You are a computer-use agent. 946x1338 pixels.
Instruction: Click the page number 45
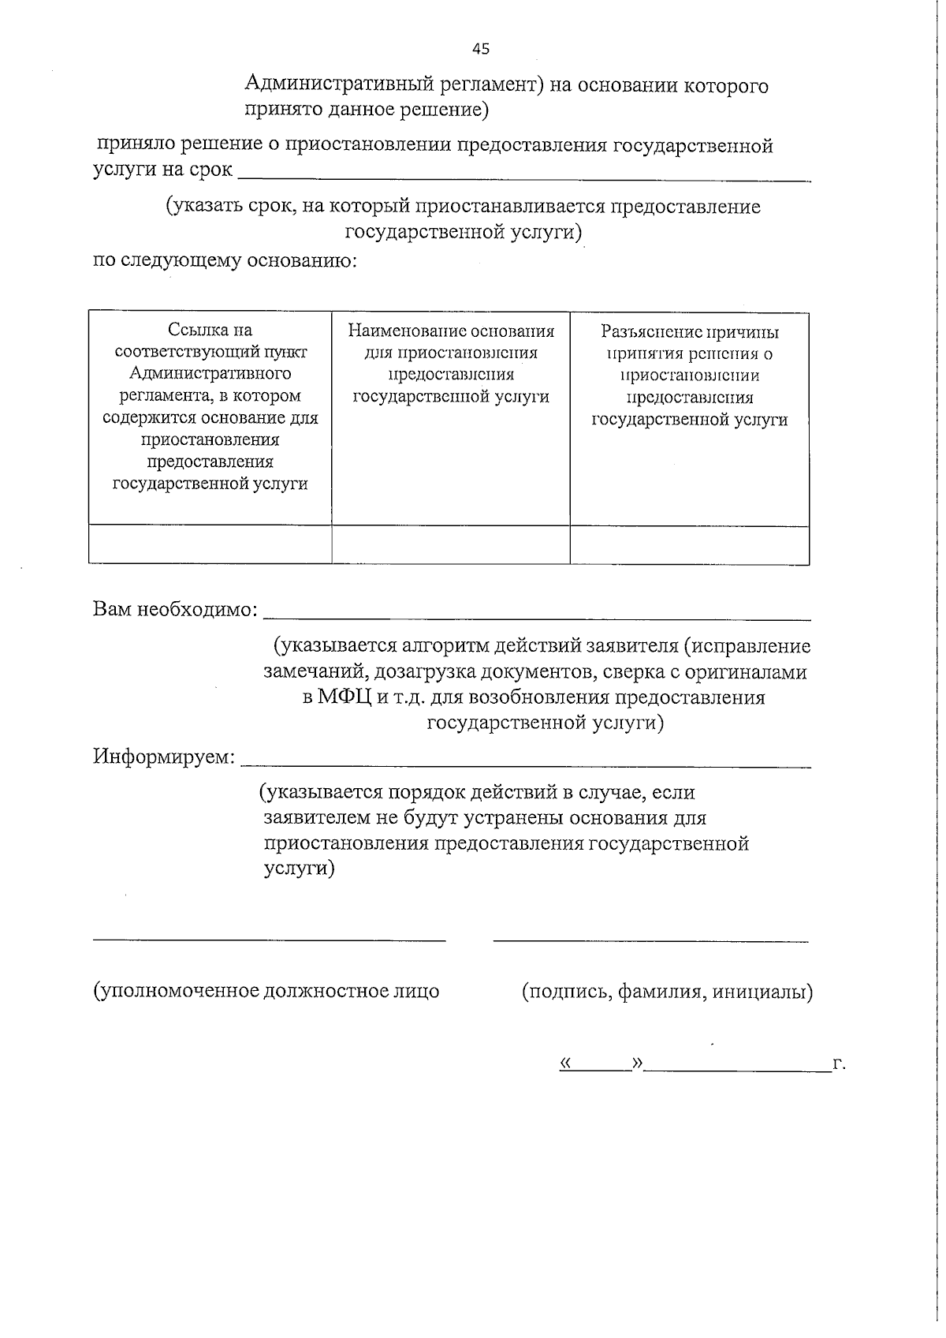pyautogui.click(x=480, y=49)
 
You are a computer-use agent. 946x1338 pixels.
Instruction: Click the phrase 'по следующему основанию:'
pyautogui.click(x=225, y=260)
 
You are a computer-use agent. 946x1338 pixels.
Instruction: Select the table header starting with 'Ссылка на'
pyautogui.click(x=210, y=407)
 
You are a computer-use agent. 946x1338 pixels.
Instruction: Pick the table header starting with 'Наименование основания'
pyautogui.click(x=451, y=364)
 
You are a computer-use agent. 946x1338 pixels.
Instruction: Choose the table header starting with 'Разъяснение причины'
pyautogui.click(x=690, y=376)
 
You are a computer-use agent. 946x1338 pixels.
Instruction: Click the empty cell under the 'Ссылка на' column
pyautogui.click(x=210, y=544)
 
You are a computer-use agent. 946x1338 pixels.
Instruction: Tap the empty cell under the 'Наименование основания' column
pyautogui.click(x=451, y=544)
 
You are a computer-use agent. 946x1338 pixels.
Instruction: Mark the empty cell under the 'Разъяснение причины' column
pyautogui.click(x=690, y=544)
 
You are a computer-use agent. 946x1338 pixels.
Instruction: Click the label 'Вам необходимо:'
pyautogui.click(x=175, y=609)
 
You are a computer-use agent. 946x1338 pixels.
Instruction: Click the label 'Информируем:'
pyautogui.click(x=164, y=757)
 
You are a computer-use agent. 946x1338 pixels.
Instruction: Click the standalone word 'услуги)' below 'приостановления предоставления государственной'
pyautogui.click(x=299, y=868)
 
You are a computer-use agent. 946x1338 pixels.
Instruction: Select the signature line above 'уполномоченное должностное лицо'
pyautogui.click(x=270, y=940)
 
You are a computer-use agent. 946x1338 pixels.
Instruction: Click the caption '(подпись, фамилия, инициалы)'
pyautogui.click(x=667, y=991)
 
